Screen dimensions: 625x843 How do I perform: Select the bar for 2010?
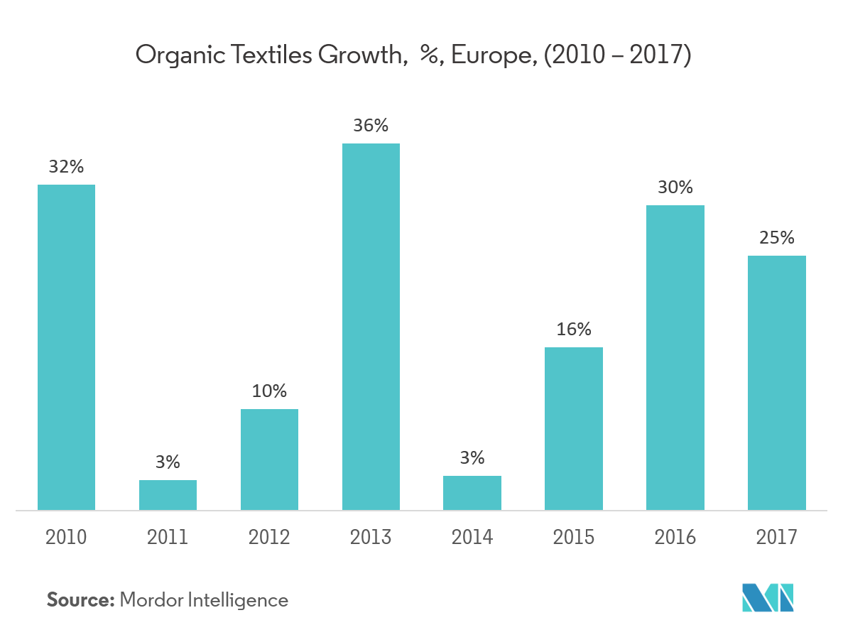(66, 347)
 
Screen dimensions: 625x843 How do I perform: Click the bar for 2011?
(168, 495)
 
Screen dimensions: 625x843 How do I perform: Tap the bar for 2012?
(269, 460)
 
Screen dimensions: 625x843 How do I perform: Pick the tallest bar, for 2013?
(371, 327)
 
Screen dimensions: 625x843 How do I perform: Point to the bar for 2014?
(472, 493)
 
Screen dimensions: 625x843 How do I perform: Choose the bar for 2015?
(574, 428)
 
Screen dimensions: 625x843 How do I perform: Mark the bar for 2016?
(675, 357)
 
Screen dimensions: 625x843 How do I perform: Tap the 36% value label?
(371, 126)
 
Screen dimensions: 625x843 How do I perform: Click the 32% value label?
(66, 168)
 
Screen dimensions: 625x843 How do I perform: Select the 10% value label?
(269, 391)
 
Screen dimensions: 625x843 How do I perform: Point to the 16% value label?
(574, 330)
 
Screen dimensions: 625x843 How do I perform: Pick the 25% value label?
(777, 238)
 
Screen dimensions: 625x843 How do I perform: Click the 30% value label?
(675, 188)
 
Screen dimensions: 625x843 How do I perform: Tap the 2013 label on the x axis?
(371, 537)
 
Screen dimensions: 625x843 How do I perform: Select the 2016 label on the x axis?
(675, 537)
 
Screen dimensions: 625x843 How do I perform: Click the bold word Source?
(80, 600)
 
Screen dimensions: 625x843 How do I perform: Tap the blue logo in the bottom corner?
(768, 597)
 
